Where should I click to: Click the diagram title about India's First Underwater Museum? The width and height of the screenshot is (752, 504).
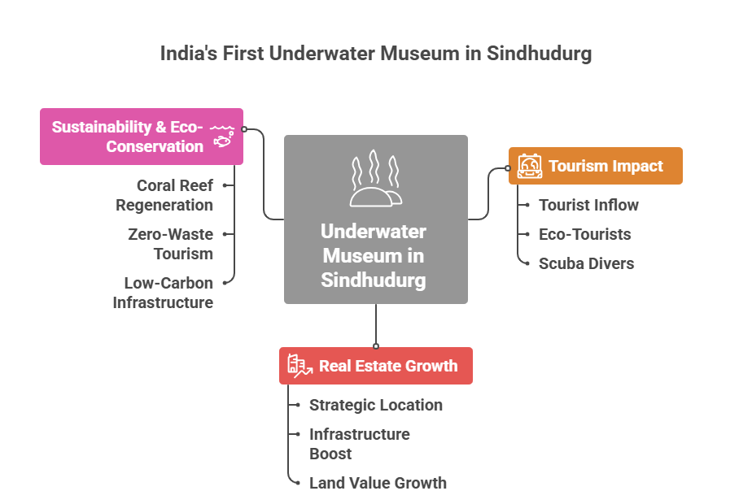click(x=375, y=54)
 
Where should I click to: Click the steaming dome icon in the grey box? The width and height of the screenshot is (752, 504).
click(x=375, y=179)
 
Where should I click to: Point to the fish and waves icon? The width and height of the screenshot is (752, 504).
click(x=221, y=136)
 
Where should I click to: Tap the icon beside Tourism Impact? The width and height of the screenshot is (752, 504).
click(x=530, y=166)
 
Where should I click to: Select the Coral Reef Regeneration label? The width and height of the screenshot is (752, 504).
click(x=165, y=195)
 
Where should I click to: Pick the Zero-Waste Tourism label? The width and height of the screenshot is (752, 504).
click(x=171, y=244)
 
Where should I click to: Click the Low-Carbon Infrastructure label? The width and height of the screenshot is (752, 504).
click(x=164, y=293)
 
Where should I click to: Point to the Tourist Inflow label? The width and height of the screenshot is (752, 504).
click(x=588, y=205)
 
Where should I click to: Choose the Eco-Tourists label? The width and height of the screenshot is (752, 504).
click(x=584, y=234)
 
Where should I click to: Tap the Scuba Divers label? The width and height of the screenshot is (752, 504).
click(x=586, y=263)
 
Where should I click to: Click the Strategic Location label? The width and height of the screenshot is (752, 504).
click(x=376, y=405)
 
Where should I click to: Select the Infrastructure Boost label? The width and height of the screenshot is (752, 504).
click(x=359, y=444)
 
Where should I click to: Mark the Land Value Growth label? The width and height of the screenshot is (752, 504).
click(x=378, y=483)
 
